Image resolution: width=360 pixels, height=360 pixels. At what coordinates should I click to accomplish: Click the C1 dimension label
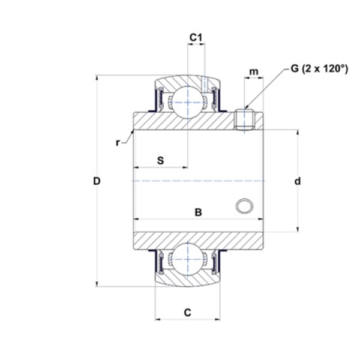click(196, 37)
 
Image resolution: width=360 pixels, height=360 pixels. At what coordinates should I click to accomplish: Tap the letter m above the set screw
click(254, 71)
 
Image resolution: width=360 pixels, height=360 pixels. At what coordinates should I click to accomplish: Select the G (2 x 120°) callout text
click(319, 68)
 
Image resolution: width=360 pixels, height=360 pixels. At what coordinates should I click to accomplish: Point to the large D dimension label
click(97, 181)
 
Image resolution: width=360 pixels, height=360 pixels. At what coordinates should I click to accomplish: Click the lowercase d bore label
click(298, 181)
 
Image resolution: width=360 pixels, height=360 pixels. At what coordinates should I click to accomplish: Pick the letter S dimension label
click(161, 160)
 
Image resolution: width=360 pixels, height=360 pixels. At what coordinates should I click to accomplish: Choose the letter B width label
click(199, 212)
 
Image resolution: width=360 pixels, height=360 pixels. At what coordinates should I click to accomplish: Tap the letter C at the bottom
click(188, 313)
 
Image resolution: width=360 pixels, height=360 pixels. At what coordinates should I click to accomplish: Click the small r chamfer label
click(118, 143)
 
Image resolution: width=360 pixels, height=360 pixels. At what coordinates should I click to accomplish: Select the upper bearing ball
click(188, 103)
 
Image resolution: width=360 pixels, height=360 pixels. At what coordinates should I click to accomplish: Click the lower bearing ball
click(188, 259)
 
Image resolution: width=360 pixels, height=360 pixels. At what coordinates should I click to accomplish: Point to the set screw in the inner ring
click(244, 119)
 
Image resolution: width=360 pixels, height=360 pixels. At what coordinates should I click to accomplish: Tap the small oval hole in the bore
click(244, 206)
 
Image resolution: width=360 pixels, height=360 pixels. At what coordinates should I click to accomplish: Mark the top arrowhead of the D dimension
click(97, 77)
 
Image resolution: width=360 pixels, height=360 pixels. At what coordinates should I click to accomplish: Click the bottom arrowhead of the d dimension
click(298, 229)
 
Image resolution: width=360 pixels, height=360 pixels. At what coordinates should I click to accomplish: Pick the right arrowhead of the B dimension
click(260, 219)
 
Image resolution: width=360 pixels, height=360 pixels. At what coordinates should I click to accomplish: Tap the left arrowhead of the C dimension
click(158, 319)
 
